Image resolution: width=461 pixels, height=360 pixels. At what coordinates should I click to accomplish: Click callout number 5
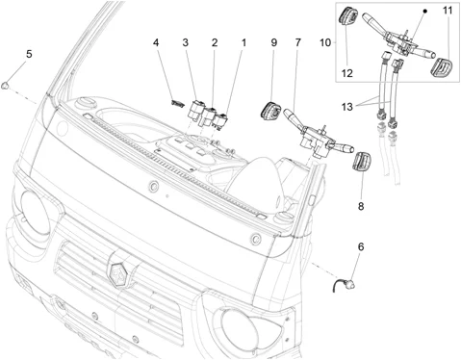coord(29,54)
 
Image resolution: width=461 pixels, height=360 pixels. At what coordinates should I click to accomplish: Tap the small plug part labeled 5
coord(5,86)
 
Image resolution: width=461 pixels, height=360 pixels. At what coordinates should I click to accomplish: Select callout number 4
coord(156,42)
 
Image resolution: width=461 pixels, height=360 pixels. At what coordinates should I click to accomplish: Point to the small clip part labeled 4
coord(177,103)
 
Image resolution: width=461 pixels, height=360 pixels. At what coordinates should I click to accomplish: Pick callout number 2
coord(215,42)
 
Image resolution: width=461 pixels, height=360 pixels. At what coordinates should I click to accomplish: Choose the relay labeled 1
coord(220,122)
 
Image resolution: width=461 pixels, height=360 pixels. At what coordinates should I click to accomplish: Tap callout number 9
coord(273,42)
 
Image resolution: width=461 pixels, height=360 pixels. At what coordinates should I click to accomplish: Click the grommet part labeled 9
coord(270,111)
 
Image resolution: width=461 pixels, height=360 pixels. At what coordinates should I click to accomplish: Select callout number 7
coord(298,42)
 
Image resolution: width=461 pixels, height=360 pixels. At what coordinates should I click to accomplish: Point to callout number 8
coord(361,206)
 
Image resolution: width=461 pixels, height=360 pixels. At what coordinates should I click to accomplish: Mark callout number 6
coord(361,247)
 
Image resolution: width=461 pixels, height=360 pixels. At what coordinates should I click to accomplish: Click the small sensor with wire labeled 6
coord(345,284)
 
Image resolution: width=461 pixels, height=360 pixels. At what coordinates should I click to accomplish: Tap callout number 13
coord(347,107)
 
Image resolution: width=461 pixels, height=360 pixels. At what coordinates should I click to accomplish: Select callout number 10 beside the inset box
coord(325,42)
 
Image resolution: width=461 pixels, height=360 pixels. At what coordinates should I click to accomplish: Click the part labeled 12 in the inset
coord(348,15)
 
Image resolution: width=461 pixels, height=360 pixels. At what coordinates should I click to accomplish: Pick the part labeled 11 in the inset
coord(441,67)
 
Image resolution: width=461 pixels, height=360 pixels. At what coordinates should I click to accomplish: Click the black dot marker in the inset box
coord(425,12)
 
